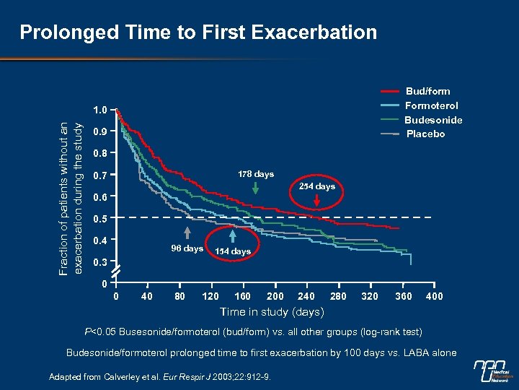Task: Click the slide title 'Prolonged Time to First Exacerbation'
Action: coord(198,32)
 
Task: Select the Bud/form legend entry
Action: coord(428,91)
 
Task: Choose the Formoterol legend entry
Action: coord(432,105)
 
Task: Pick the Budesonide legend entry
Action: coord(433,120)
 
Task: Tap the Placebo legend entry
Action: coord(425,134)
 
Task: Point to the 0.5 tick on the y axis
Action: coord(101,218)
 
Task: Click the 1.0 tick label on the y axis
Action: coord(100,110)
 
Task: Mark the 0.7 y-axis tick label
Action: coord(101,175)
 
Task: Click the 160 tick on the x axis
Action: coord(242,296)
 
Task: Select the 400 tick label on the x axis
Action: coord(435,296)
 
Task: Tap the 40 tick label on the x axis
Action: coord(147,296)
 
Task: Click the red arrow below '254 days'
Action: coord(316,203)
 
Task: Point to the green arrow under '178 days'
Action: coord(256,186)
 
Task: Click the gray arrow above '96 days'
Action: coord(187,233)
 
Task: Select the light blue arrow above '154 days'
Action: coord(232,235)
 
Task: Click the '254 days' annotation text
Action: coord(316,186)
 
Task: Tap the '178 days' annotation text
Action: coord(256,174)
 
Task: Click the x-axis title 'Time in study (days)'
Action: coord(272,312)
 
